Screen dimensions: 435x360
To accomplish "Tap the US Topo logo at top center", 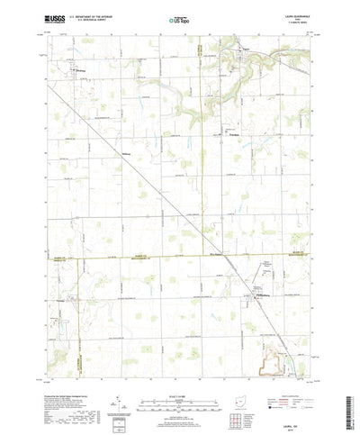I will (180, 17).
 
